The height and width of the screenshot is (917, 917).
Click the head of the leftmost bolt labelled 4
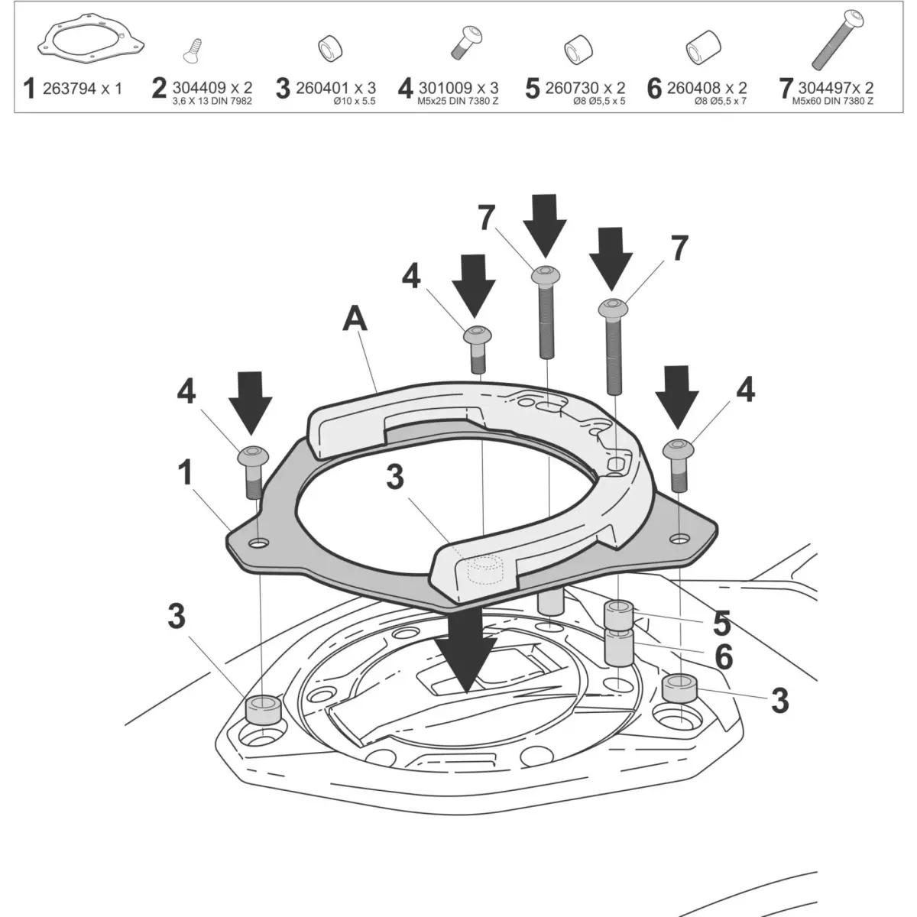(x=254, y=455)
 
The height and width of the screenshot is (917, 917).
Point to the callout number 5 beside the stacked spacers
(x=721, y=623)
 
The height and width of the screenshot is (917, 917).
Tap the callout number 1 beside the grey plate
(x=186, y=474)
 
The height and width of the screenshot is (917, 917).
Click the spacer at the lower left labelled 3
(x=261, y=709)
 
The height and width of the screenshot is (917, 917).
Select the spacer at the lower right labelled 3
(x=679, y=689)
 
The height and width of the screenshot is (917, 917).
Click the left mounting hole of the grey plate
(x=258, y=543)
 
